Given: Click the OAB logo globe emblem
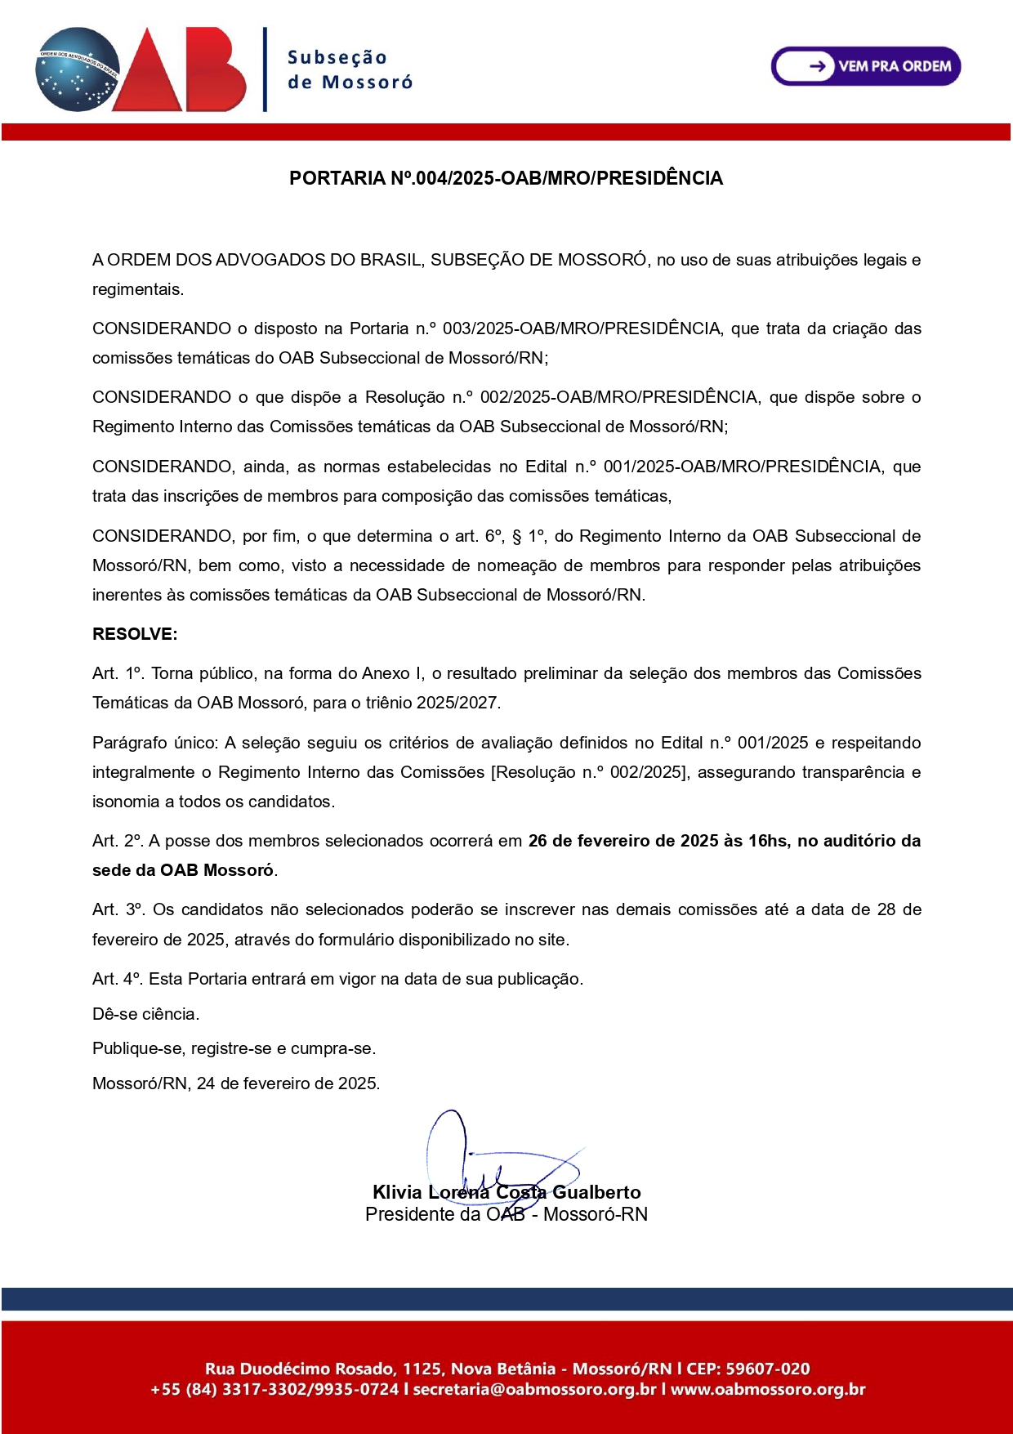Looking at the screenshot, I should point(78,69).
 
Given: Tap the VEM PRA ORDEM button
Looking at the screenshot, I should point(866,66).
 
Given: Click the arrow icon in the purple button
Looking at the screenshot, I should point(816,66).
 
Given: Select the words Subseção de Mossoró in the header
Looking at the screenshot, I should point(350,69).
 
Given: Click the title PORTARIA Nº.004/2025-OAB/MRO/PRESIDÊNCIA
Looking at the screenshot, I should point(506,178).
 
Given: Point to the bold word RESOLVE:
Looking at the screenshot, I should point(135,634).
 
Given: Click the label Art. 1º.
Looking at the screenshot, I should point(118,673).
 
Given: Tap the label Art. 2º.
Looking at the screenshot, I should point(118,841).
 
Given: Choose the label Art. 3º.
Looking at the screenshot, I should point(118,909).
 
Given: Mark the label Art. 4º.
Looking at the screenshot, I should point(118,979).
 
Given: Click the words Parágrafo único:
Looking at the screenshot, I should point(155,743).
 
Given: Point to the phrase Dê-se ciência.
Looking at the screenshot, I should point(146,1014).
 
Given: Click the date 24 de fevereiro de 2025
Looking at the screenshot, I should point(288,1083).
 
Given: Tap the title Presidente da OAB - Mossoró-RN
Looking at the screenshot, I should point(506,1214).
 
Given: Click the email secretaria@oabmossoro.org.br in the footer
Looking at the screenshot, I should point(535,1389).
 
